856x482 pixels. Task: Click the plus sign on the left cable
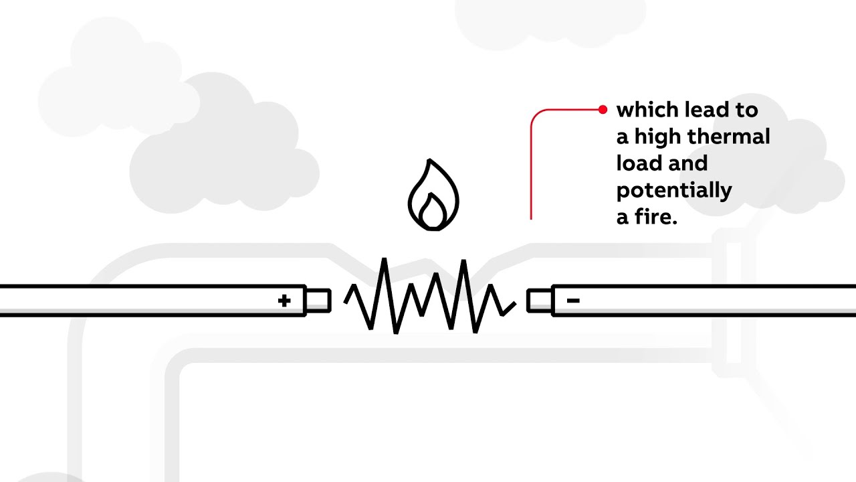pyautogui.click(x=284, y=301)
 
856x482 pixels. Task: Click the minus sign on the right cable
pyautogui.click(x=573, y=301)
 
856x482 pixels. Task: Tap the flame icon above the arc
pyautogui.click(x=433, y=195)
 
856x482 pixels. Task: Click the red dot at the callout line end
pyautogui.click(x=603, y=109)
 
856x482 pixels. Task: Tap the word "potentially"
pyautogui.click(x=673, y=191)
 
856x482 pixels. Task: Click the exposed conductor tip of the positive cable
pyautogui.click(x=318, y=301)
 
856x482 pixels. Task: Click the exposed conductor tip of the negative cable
pyautogui.click(x=539, y=301)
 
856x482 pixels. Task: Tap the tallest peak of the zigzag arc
pyautogui.click(x=385, y=260)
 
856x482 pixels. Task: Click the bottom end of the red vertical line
pyautogui.click(x=532, y=218)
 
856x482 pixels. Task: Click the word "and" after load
pyautogui.click(x=689, y=163)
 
